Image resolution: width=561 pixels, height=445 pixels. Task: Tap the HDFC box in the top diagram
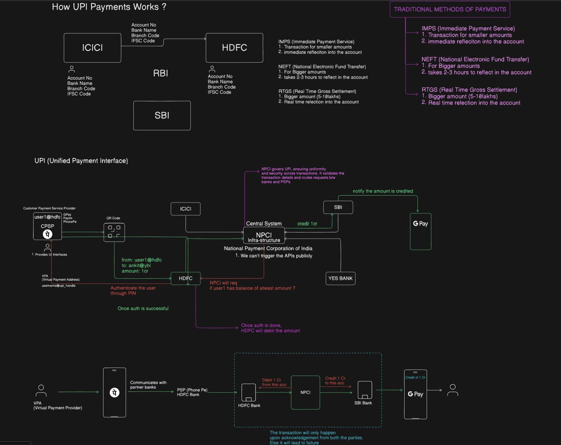234,47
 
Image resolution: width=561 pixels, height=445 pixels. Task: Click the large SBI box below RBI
162,116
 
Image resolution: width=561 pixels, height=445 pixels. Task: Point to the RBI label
161,73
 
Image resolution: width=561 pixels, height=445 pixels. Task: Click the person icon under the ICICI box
72,69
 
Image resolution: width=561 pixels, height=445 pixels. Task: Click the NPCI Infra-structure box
263,235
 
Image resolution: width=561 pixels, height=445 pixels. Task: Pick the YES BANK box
340,279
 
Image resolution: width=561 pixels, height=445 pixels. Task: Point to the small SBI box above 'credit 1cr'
338,207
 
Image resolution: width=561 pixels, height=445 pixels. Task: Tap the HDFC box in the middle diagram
186,278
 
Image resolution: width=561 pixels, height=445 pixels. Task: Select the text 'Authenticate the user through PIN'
133,291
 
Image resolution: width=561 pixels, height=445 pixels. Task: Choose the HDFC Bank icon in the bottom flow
249,391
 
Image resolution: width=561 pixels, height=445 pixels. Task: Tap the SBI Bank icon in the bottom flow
365,389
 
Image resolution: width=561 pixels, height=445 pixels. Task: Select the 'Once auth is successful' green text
144,309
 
